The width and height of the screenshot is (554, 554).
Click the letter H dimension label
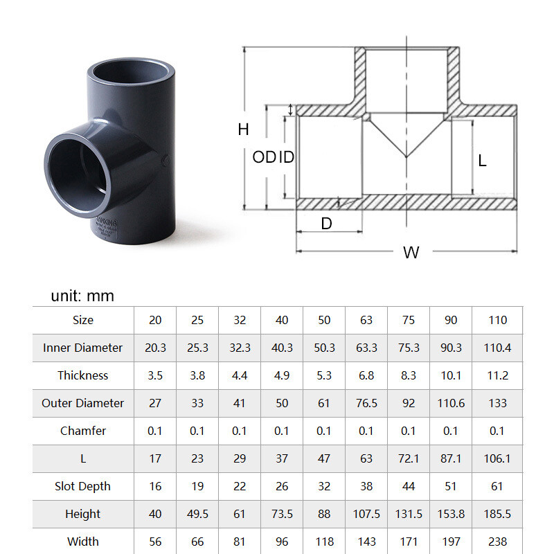point(243,129)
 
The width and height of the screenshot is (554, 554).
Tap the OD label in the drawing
point(263,157)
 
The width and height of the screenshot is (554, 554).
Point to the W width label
point(411,253)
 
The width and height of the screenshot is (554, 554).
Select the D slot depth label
point(327,223)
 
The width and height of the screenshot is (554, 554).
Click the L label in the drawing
point(483,161)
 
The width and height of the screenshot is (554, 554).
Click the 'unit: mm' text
point(82,296)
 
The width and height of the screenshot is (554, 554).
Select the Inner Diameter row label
point(82,348)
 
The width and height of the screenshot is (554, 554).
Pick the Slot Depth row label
point(82,486)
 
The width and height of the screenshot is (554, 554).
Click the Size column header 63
point(366,320)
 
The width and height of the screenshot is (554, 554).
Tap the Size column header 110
point(497,320)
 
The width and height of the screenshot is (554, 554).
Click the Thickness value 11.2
point(497,375)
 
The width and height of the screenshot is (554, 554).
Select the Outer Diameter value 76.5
point(366,403)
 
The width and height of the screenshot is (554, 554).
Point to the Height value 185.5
point(497,514)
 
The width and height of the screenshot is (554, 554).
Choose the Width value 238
point(497,542)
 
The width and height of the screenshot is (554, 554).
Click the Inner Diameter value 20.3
point(155,348)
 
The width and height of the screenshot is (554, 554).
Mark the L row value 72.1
point(409,458)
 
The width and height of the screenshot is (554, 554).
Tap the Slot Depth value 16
point(155,486)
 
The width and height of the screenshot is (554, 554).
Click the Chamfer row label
point(82,431)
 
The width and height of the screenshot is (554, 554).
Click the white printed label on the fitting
point(105,227)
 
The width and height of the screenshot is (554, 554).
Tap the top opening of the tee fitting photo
point(131,73)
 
